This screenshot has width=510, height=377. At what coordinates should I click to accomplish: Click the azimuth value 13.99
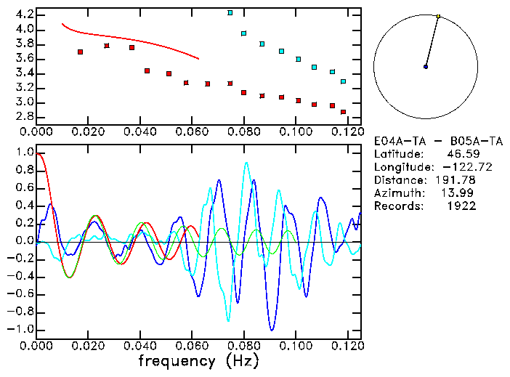pos(461,193)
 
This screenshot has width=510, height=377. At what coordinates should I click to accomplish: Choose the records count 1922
pos(461,206)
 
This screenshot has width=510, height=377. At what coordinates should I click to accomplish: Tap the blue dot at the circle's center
pos(426,67)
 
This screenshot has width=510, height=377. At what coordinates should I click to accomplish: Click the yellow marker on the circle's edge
pos(439,16)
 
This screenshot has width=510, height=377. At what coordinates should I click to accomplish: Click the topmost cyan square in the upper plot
pos(230,12)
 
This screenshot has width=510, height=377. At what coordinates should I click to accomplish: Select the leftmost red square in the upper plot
pos(80,52)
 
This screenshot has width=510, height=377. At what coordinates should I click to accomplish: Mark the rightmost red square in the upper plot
pos(343,112)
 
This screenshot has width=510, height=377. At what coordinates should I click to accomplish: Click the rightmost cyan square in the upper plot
pos(343,81)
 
